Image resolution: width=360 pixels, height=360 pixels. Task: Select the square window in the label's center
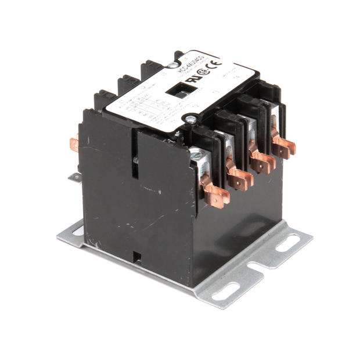coord(174,91)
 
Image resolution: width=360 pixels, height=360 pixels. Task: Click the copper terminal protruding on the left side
coord(74,143)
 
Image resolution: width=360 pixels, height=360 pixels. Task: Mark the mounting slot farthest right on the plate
coord(287,243)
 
